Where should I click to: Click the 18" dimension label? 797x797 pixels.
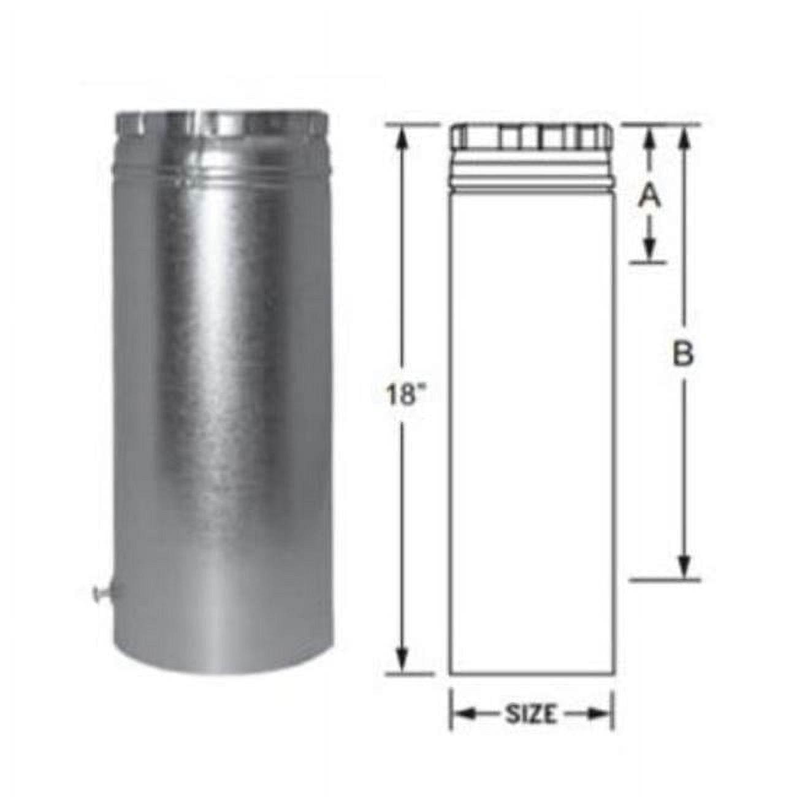pos(402,395)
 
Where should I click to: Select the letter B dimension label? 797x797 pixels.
pos(683,354)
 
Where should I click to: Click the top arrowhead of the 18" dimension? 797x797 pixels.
pos(402,138)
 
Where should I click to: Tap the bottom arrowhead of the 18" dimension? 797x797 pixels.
pos(402,660)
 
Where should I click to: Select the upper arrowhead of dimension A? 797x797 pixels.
pos(650,137)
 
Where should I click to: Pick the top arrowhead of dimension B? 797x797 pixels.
pos(684,137)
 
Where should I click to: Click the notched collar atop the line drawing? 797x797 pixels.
pos(531,138)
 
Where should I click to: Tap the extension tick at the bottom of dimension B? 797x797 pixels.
pos(665,579)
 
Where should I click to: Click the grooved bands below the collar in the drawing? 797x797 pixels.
pos(531,175)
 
